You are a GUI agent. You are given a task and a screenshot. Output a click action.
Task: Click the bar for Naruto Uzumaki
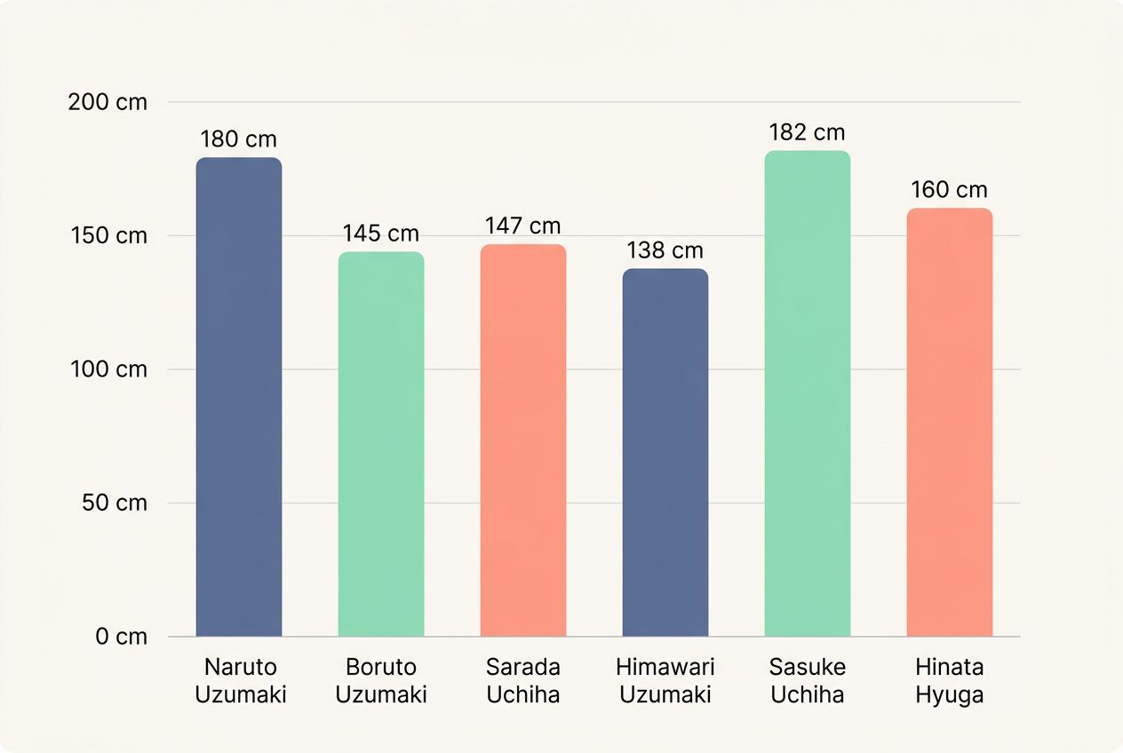tap(239, 397)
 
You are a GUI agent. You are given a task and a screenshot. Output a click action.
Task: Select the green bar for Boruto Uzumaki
tap(381, 444)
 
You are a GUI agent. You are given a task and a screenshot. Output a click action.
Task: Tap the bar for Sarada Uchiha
tap(523, 440)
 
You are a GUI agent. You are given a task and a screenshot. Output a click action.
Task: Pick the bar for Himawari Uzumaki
tap(665, 453)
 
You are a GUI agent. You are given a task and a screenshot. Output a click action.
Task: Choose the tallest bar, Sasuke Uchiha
tap(808, 393)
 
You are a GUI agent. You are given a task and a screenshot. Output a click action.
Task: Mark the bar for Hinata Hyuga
tap(950, 423)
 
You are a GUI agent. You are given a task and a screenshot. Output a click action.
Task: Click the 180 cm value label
tap(239, 139)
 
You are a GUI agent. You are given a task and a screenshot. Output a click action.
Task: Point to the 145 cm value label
tap(381, 234)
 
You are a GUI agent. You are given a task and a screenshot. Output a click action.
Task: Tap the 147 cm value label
tap(523, 226)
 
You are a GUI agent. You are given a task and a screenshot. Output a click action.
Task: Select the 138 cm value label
tap(665, 250)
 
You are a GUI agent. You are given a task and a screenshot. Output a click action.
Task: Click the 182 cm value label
tap(808, 132)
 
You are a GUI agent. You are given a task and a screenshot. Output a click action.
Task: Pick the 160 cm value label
tap(950, 190)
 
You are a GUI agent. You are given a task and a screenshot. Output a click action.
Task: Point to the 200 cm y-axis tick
tap(108, 102)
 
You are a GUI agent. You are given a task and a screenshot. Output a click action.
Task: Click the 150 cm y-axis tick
tap(108, 236)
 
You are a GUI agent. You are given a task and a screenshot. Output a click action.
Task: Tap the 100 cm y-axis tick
tap(108, 369)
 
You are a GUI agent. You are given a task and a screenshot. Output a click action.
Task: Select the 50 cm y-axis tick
tap(113, 503)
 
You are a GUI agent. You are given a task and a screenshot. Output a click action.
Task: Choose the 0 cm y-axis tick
tap(122, 637)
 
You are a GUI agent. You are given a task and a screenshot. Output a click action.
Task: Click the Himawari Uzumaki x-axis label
tap(665, 681)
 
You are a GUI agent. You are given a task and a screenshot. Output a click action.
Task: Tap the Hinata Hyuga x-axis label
tap(950, 681)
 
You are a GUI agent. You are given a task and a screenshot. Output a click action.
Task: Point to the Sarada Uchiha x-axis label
tap(523, 681)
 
